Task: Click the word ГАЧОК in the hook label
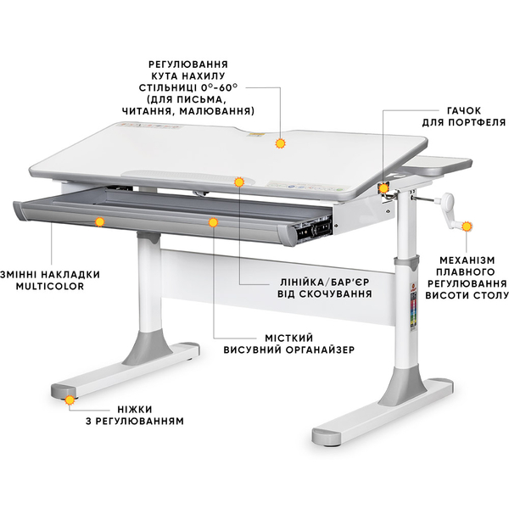click(x=464, y=110)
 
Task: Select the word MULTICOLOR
click(x=50, y=287)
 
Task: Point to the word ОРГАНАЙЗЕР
click(x=320, y=350)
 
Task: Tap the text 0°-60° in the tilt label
click(x=220, y=87)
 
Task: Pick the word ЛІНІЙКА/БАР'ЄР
click(x=325, y=282)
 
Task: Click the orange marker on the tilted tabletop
click(x=280, y=143)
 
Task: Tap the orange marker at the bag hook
click(x=384, y=188)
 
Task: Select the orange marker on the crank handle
click(x=467, y=227)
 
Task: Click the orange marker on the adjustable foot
click(x=70, y=400)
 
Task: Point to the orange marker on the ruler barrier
click(x=239, y=182)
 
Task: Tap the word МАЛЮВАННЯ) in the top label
click(x=216, y=111)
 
